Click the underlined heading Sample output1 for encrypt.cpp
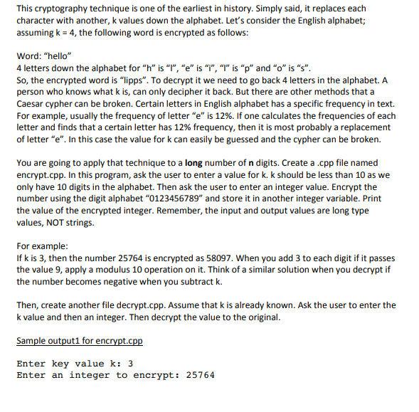coord(79,341)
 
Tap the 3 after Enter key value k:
coord(131,364)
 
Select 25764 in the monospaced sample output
coord(199,375)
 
